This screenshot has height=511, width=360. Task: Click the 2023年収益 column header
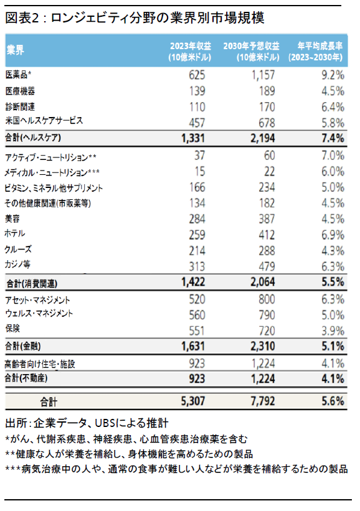[x=190, y=51]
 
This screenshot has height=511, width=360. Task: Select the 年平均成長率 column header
[x=315, y=51]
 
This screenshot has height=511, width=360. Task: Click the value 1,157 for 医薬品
[x=263, y=75]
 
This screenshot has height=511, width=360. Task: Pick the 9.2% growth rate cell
[x=333, y=75]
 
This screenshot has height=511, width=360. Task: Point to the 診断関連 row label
[x=20, y=106]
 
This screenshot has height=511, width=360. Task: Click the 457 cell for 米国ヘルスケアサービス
[x=197, y=123]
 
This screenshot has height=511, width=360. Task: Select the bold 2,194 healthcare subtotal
[x=262, y=138]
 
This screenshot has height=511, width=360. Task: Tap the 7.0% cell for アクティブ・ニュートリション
[x=333, y=156]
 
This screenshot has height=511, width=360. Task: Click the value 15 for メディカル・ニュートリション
[x=199, y=171]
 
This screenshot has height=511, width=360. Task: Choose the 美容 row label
[x=12, y=218]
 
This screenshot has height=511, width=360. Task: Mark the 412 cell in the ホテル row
[x=267, y=235]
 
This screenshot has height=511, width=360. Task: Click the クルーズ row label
[x=18, y=250]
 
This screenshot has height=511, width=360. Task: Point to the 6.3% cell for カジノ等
[x=333, y=266]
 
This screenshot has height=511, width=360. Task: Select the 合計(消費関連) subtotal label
[x=32, y=284]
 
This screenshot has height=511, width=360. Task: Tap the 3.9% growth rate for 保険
[x=333, y=331]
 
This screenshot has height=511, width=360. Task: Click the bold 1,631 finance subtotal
[x=193, y=346]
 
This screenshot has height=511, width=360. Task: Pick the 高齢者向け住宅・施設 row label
[x=40, y=364]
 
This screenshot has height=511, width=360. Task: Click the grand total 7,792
[x=262, y=401]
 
